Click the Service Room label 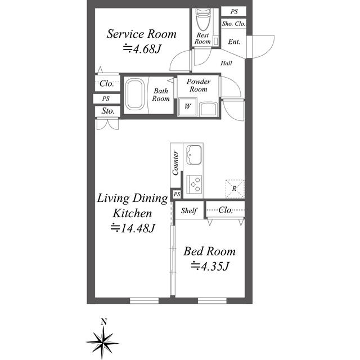coord(142,34)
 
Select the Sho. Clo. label coord(233,24)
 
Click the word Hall coord(226,64)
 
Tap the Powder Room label coord(198,85)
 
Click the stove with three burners coord(195,183)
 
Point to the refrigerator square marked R coord(235,188)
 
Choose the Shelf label coord(189,211)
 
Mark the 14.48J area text coord(133,228)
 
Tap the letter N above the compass coord(104,322)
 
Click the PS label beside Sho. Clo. coord(233,11)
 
